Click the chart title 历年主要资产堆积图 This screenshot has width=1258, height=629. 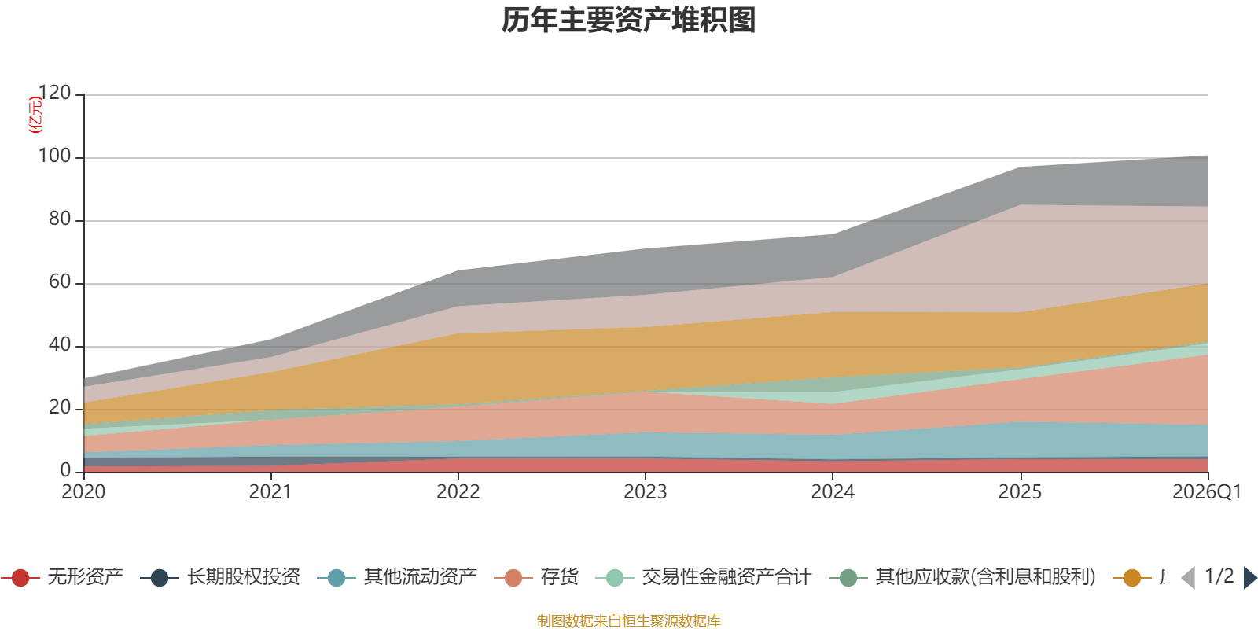(x=628, y=20)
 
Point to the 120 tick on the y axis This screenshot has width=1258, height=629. (x=55, y=94)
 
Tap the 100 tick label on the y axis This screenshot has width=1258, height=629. (x=55, y=156)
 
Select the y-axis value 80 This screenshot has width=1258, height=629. (x=60, y=219)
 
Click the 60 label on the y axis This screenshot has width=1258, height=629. (x=60, y=282)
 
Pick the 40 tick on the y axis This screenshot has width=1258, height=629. (x=60, y=345)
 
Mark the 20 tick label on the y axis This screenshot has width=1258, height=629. (x=60, y=408)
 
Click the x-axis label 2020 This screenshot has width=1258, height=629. (x=83, y=492)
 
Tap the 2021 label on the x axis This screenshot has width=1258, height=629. (x=270, y=492)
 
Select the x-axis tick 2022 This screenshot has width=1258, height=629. (x=458, y=492)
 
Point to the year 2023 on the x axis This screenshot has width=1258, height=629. (x=646, y=492)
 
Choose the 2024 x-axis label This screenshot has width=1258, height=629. (x=833, y=492)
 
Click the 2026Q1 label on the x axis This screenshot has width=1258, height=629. (x=1207, y=492)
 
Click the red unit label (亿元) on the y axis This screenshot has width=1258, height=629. (x=35, y=115)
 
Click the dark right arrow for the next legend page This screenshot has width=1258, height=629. (x=1250, y=578)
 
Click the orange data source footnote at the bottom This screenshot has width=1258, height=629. (x=628, y=621)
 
